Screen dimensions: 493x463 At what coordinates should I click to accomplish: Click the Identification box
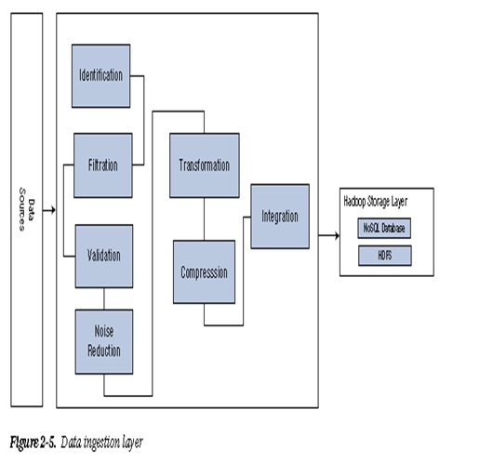tap(101, 75)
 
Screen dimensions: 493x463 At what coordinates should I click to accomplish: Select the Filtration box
tap(103, 165)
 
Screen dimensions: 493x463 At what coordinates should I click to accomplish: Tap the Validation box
tap(104, 257)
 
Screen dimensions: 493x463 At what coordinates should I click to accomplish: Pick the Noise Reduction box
tap(104, 341)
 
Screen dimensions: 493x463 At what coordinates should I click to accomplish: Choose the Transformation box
tap(205, 165)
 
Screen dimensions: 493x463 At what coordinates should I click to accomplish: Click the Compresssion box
tap(204, 271)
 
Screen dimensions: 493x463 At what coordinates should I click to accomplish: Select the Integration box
tap(280, 217)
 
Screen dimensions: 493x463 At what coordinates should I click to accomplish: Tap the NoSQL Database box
tap(384, 228)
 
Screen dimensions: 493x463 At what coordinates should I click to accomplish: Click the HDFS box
tap(385, 256)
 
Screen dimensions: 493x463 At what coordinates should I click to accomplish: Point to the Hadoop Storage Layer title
tap(376, 202)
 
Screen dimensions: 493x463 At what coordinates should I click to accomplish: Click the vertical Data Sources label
tap(26, 209)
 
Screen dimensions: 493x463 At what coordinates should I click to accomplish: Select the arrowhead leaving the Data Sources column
tap(53, 210)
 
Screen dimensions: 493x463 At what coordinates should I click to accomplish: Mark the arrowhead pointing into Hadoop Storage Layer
tap(337, 235)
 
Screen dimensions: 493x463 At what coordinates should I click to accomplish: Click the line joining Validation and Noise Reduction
tap(104, 298)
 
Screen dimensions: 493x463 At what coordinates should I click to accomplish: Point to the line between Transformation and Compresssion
tap(204, 219)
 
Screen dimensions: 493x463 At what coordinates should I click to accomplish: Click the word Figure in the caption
tap(24, 443)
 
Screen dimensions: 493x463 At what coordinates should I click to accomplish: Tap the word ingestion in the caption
tap(102, 443)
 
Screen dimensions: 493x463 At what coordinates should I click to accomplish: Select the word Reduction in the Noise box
tap(104, 351)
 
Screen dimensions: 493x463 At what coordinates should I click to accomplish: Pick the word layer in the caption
tap(133, 443)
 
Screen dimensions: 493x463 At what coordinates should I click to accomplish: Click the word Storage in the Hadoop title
tap(379, 202)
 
